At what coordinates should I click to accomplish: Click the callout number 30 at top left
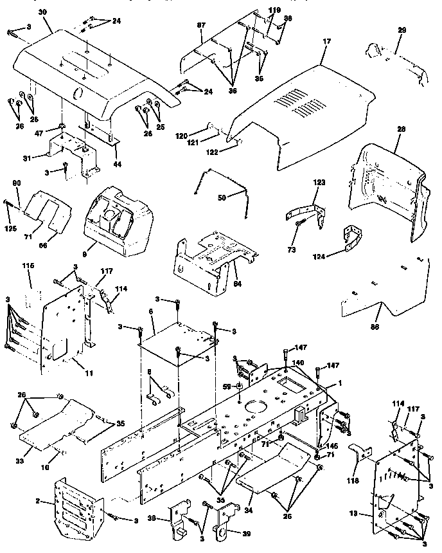(24, 12)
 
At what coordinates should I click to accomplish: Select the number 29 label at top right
(402, 31)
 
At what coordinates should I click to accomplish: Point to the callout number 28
(402, 129)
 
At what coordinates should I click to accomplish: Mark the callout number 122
(213, 152)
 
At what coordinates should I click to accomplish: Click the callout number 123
(320, 183)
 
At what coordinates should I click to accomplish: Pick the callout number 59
(225, 386)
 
